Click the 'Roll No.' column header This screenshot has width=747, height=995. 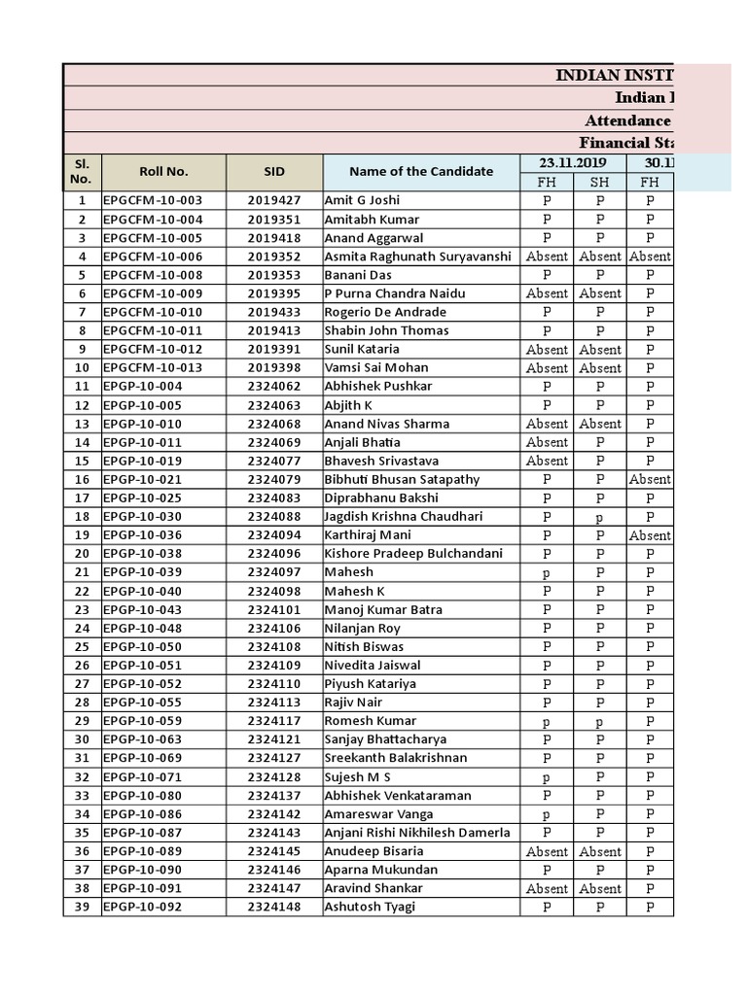click(163, 171)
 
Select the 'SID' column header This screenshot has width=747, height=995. click(274, 171)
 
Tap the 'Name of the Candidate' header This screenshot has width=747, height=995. click(421, 171)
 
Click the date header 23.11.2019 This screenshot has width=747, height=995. click(573, 162)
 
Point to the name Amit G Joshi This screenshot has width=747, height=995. click(362, 200)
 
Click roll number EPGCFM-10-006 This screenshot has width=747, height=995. click(153, 257)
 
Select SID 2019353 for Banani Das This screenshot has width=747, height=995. click(274, 275)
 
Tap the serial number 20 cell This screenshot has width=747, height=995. click(82, 553)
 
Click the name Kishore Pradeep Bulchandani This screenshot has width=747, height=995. click(413, 553)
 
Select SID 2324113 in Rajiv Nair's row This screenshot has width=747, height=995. click(274, 702)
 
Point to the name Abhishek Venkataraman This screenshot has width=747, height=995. click(397, 795)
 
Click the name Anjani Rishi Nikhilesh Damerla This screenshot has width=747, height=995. click(418, 833)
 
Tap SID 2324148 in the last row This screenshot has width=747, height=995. click(274, 907)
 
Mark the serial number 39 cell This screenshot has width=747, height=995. click(82, 907)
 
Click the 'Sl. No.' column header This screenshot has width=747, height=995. click(81, 171)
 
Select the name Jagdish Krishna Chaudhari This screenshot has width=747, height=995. click(403, 516)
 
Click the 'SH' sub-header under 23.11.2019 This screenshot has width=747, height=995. click(600, 182)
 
